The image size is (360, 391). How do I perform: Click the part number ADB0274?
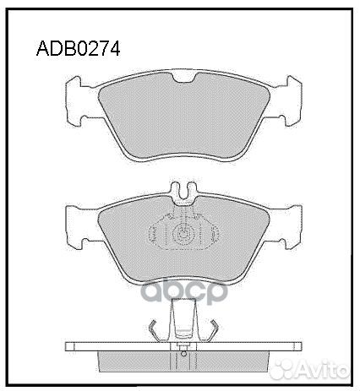pos(77,48)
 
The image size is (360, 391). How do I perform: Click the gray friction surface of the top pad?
pos(184,118)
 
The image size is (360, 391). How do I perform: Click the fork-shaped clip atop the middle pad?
pos(184,193)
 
